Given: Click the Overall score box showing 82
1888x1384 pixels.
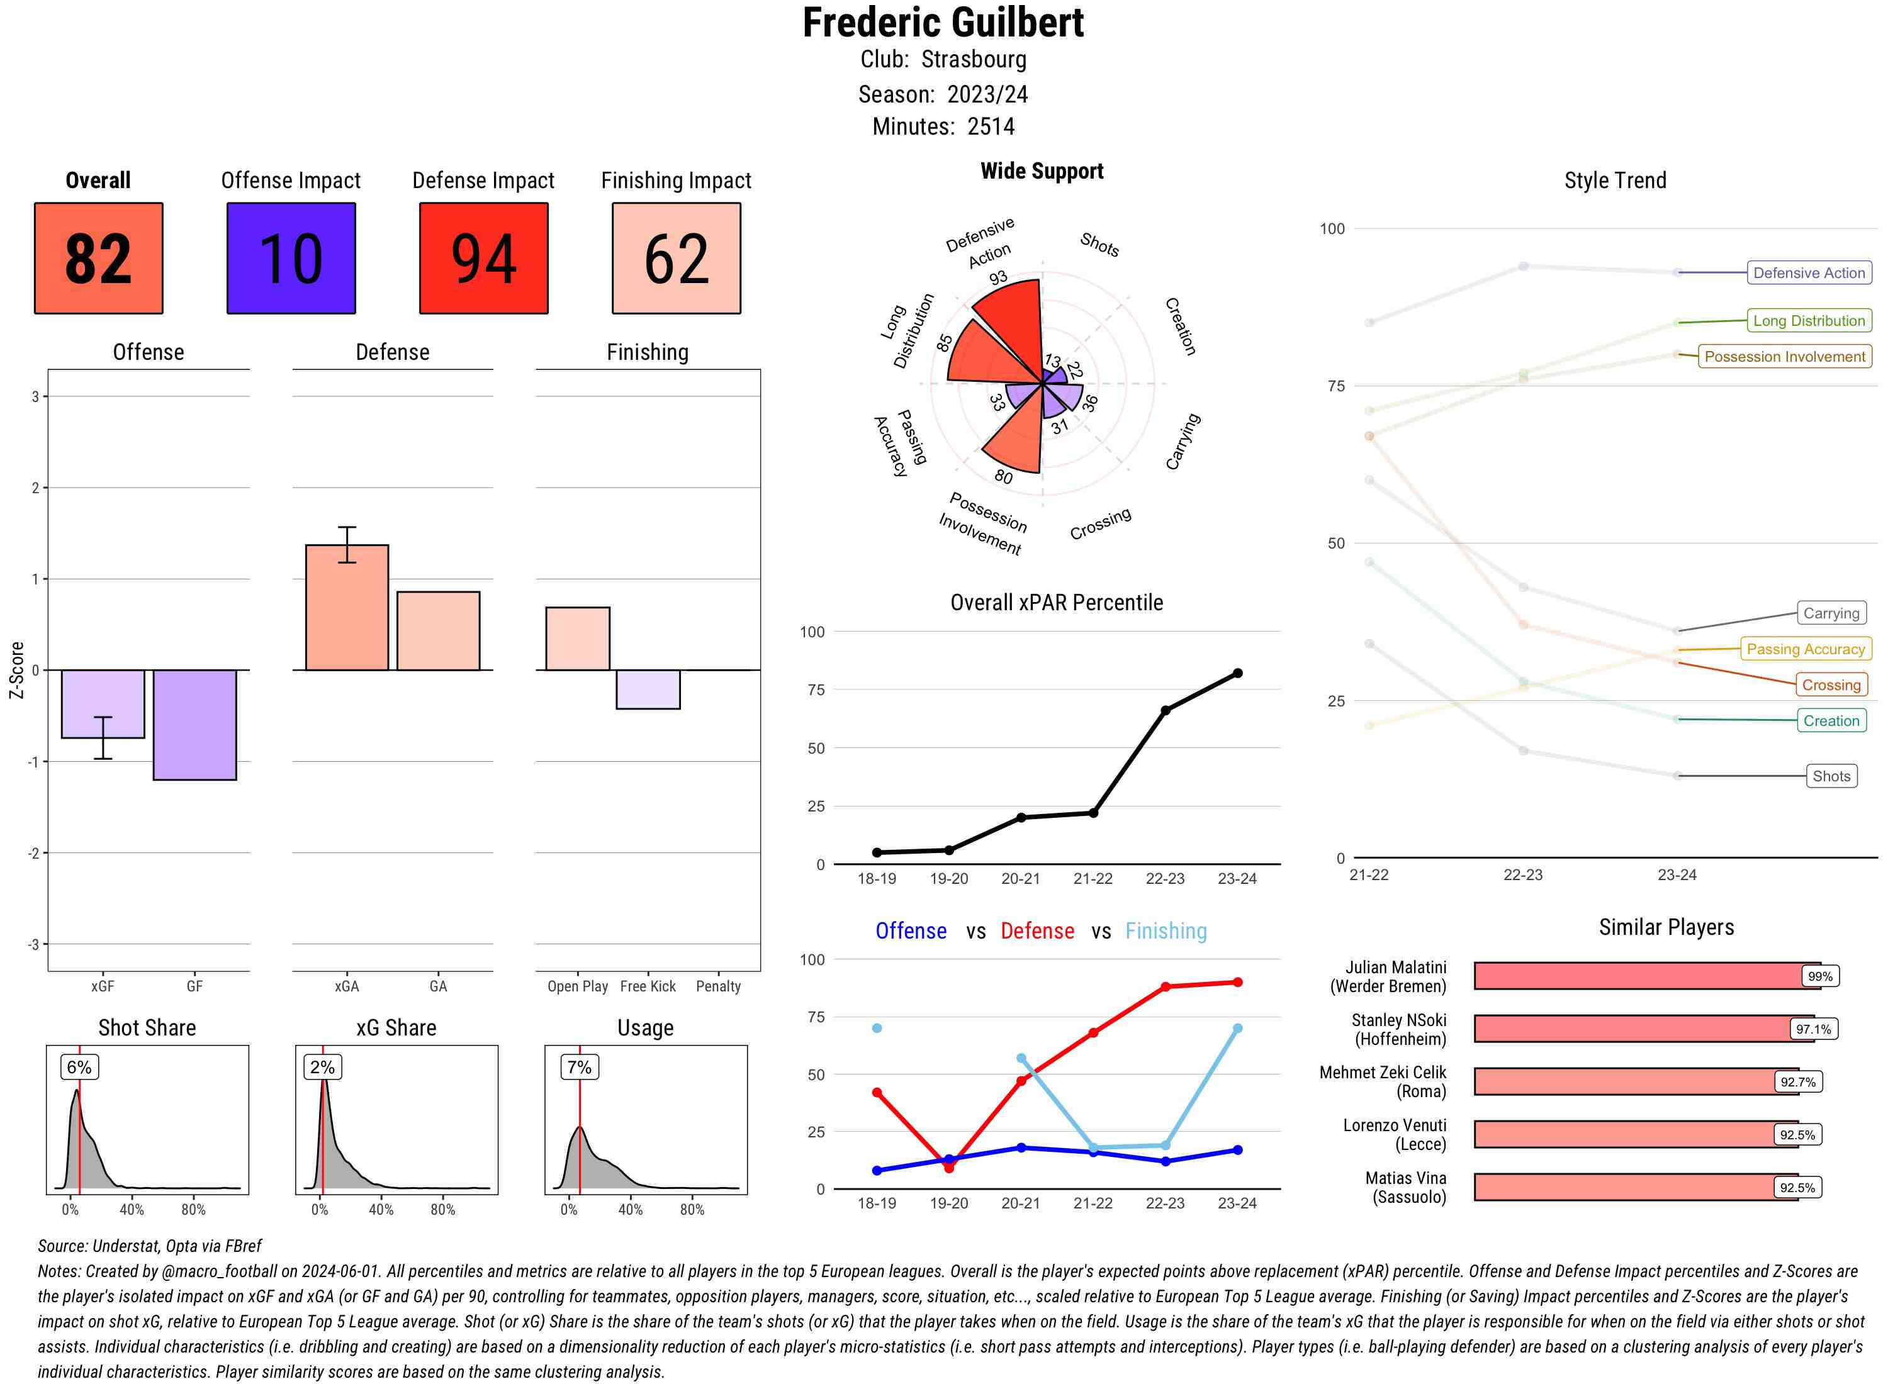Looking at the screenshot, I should (98, 258).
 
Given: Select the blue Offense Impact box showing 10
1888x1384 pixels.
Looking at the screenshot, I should (291, 258).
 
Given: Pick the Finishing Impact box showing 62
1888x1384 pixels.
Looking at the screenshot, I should (677, 258).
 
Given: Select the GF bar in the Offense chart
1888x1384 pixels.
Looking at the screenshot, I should (194, 725).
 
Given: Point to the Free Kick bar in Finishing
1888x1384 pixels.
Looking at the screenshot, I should (648, 689).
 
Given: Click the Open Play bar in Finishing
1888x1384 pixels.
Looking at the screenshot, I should (577, 639).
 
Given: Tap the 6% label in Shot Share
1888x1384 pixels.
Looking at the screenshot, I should (79, 1068).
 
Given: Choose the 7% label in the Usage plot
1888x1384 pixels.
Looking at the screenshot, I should (579, 1068).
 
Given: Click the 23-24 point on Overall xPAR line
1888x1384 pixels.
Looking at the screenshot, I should (1237, 672).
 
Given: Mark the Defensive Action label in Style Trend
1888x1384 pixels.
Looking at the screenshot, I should (1809, 273).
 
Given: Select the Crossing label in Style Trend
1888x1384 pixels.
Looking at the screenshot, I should (1831, 685).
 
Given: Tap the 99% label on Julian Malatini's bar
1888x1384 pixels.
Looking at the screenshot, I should (1820, 976).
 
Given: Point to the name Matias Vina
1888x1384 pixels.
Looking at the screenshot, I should (1405, 1178).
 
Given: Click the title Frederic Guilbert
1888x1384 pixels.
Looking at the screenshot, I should (943, 23).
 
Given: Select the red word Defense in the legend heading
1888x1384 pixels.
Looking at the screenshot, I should (1037, 931).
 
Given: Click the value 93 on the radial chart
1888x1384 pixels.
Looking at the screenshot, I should (997, 277).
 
